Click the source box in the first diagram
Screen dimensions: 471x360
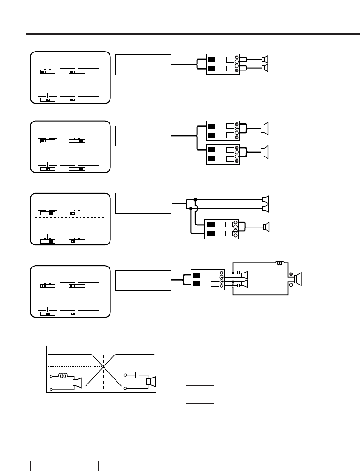pyautogui.click(x=143, y=64)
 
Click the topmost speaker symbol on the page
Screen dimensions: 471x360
pyautogui.click(x=265, y=59)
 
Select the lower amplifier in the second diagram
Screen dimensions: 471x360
pyautogui.click(x=222, y=154)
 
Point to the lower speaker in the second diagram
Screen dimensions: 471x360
pyautogui.click(x=265, y=151)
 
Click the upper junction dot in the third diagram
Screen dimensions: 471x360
pyautogui.click(x=196, y=199)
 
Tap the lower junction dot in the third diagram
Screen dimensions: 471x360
pyautogui.click(x=191, y=209)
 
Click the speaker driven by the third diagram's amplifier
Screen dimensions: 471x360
pyautogui.click(x=265, y=226)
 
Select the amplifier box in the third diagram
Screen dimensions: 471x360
pyautogui.click(x=221, y=229)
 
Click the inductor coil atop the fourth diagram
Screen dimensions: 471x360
pyautogui.click(x=279, y=263)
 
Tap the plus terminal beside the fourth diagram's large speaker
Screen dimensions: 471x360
pyautogui.click(x=291, y=274)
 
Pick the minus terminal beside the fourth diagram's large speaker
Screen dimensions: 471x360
pyautogui.click(x=291, y=285)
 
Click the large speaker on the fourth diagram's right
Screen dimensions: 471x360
pyautogui.click(x=297, y=279)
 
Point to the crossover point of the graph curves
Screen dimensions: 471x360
pyautogui.click(x=104, y=366)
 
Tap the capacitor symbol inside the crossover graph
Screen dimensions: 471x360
pyautogui.click(x=137, y=375)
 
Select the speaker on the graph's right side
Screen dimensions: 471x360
pyautogui.click(x=151, y=382)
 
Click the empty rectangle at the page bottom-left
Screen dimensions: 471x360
pyautogui.click(x=64, y=465)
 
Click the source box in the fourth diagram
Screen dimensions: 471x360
pyautogui.click(x=143, y=280)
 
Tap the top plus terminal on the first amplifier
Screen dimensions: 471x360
pyautogui.click(x=237, y=58)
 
